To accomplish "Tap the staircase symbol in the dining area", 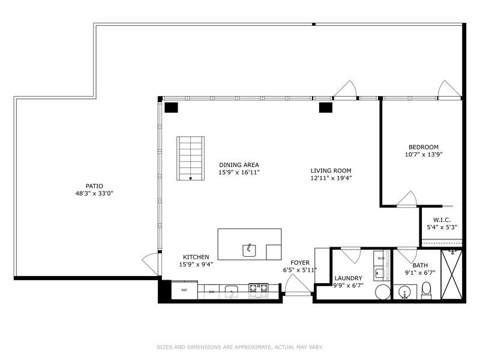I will click(190, 158).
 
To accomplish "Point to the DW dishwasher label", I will click(211, 292).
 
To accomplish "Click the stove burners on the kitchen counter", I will click(259, 291).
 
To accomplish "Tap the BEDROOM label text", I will click(424, 147).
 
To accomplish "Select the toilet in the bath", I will click(427, 291).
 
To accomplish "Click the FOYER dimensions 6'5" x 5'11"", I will click(299, 270).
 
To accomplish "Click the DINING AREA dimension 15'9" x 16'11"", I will click(239, 172).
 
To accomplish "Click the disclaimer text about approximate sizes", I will click(239, 346).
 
